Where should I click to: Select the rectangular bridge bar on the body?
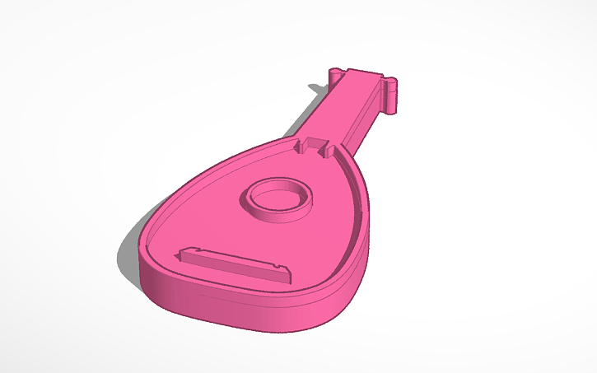click(235, 264)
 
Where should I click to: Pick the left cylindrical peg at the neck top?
click(335, 75)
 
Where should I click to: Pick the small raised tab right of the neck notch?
click(328, 150)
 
